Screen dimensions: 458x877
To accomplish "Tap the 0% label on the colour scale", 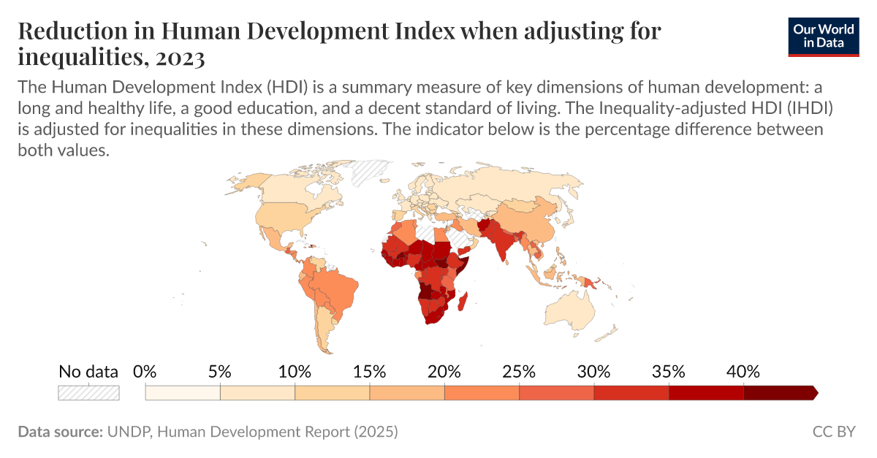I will (x=145, y=371).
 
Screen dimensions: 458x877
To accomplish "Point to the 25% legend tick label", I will (x=519, y=371).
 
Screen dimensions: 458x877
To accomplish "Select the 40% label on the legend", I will (x=743, y=371).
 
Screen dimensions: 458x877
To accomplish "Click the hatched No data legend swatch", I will (x=88, y=393).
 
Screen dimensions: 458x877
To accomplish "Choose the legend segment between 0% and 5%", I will (x=183, y=393).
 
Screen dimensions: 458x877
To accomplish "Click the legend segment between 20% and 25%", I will (x=482, y=393).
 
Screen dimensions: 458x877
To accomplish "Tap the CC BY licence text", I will (x=833, y=432).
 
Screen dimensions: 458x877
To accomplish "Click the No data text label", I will (x=88, y=371).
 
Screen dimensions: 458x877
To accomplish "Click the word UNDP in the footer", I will (x=129, y=432).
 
